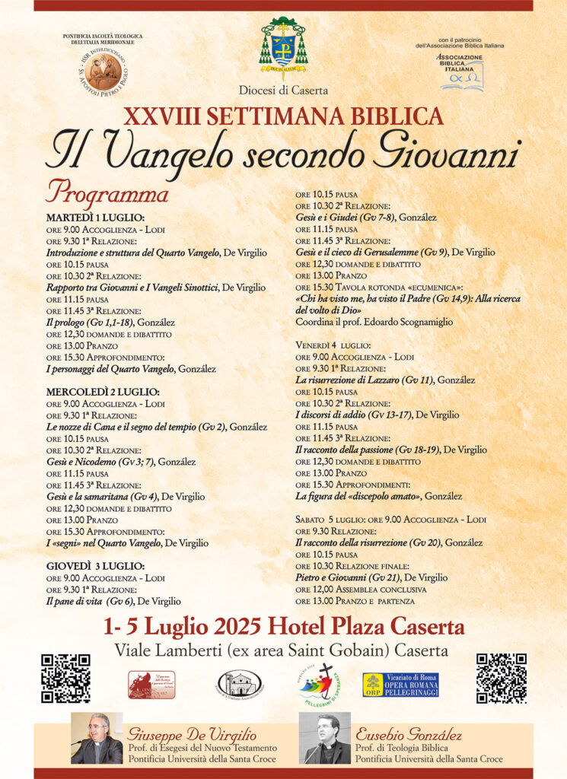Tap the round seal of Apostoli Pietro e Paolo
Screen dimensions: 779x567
(102, 71)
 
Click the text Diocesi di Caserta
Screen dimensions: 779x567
(283, 91)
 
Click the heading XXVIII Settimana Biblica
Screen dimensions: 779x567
(283, 116)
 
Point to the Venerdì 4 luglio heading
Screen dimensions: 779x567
(345, 344)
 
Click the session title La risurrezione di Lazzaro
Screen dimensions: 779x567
(365, 380)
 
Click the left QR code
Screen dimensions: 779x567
(65, 678)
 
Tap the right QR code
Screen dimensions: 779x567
(501, 678)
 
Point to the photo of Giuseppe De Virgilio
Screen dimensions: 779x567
(97, 739)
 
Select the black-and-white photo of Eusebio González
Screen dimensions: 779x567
(325, 739)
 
